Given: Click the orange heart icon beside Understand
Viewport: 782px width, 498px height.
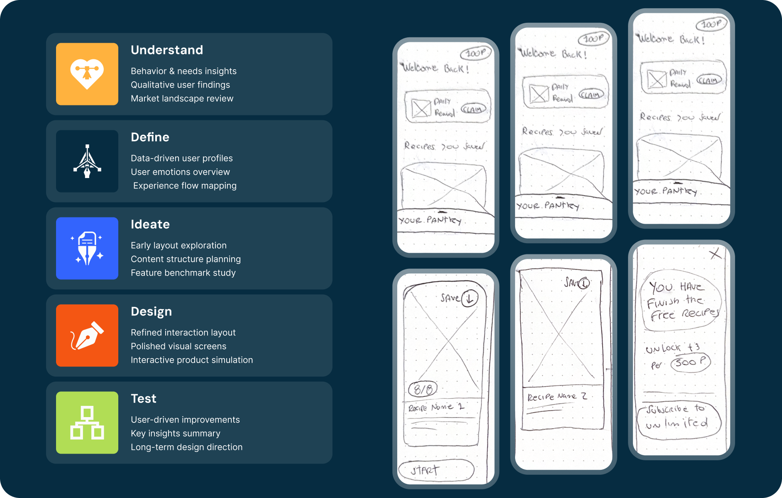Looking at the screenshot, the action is (87, 74).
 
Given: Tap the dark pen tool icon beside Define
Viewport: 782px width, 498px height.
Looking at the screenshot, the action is (87, 161).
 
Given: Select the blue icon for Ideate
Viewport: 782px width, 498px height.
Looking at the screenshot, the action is (87, 248).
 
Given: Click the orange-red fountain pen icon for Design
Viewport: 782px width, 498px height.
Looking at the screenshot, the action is (87, 335).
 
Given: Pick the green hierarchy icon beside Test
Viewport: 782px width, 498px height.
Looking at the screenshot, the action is (87, 422).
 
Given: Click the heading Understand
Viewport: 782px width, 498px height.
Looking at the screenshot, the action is (167, 50).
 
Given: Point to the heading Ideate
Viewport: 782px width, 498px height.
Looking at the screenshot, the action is (150, 225).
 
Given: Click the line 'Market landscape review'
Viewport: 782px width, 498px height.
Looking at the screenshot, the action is (182, 99).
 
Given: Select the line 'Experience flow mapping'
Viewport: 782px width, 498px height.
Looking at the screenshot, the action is (185, 186).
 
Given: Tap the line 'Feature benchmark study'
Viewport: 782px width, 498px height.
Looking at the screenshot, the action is (183, 273).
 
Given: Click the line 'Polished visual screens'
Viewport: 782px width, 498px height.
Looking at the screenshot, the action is (178, 347).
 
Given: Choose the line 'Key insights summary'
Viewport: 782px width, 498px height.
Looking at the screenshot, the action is (176, 434).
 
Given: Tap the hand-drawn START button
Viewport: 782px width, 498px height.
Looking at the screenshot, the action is (436, 471).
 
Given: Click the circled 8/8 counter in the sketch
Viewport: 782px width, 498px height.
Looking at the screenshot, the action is (423, 389).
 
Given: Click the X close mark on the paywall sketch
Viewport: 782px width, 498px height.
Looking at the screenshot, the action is (715, 254).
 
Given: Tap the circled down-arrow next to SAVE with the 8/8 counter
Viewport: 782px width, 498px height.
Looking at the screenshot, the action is (469, 298).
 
